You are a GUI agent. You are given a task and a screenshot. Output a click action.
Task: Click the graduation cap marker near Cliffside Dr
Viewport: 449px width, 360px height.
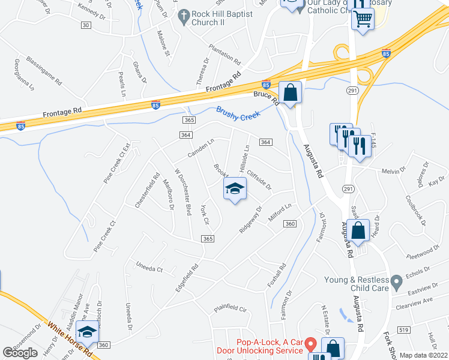coord(235,190)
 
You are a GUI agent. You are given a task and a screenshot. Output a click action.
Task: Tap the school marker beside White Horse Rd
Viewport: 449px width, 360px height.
coord(88,332)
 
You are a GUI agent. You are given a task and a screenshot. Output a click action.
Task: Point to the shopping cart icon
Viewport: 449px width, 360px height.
coord(363,20)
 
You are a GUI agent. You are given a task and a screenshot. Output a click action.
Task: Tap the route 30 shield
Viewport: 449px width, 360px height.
coord(86,25)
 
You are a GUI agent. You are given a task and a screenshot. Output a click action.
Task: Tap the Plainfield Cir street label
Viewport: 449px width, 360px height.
coord(231,310)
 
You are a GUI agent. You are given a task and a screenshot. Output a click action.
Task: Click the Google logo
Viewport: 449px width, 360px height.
coord(20,353)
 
